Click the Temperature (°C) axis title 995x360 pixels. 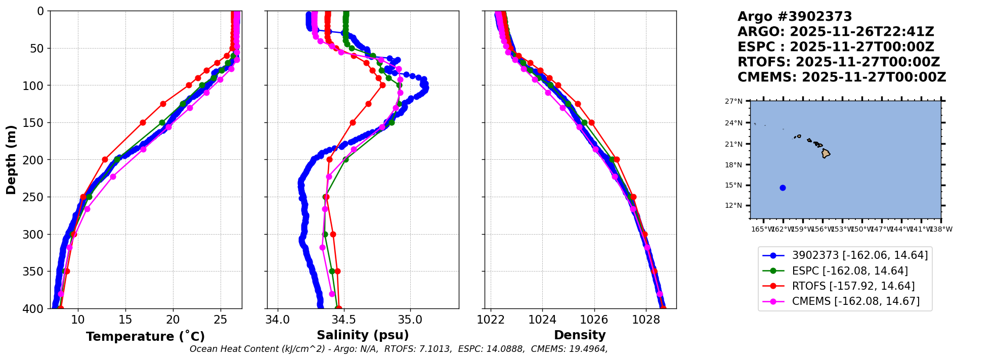coord(145,336)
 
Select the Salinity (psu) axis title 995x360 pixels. coord(363,335)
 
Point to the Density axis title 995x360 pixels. coord(580,335)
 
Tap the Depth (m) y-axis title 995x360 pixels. coord(11,160)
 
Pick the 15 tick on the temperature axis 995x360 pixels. coord(125,320)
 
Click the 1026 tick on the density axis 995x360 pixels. coord(594,320)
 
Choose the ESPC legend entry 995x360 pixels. coord(849,271)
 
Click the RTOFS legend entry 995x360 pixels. coord(853,286)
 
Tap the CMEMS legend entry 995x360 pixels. coord(855,301)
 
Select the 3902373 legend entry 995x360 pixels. coord(859,256)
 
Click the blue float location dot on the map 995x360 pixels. coord(783,188)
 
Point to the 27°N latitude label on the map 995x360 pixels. coord(733,101)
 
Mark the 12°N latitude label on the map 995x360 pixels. coord(733,205)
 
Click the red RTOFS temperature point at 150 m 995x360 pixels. coord(143,122)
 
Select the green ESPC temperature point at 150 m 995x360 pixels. coord(162,122)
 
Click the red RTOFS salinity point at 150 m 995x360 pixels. coord(353,122)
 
